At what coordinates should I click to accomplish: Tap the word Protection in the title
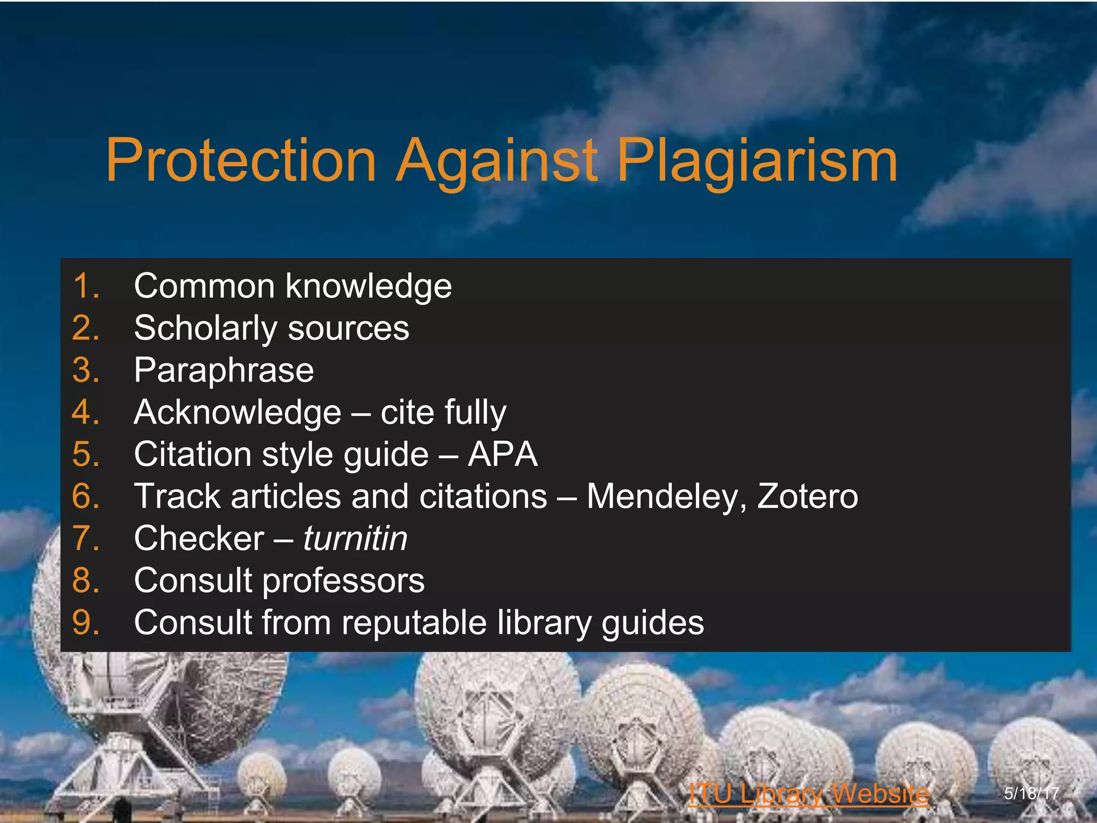pos(241,161)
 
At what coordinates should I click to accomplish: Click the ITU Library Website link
pos(809,794)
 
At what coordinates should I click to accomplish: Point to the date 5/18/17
pos(1032,793)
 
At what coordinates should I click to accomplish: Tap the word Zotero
pos(807,497)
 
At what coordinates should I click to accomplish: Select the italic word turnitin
pos(355,538)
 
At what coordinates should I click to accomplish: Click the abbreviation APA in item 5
pos(502,454)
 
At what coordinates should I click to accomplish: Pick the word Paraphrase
pos(224,371)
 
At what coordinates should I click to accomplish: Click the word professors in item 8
pos(343,581)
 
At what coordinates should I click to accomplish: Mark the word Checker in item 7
pos(199,538)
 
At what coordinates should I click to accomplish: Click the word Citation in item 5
pos(192,454)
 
